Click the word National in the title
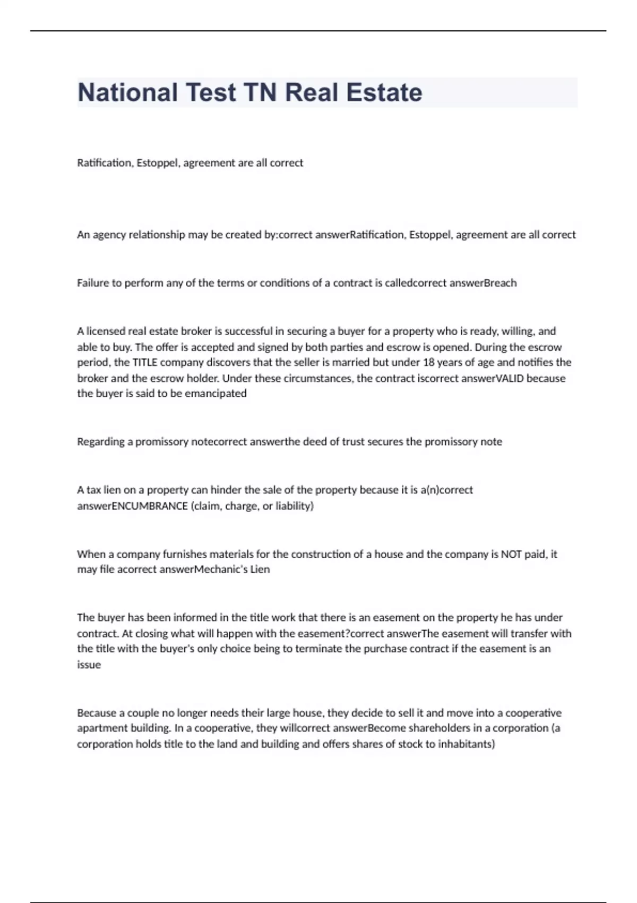(x=127, y=92)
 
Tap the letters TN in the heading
(x=260, y=92)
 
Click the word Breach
(x=500, y=283)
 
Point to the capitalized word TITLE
(x=144, y=363)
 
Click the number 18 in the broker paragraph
(x=428, y=363)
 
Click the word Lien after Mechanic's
(x=260, y=569)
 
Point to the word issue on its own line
(x=89, y=665)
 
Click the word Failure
(x=92, y=283)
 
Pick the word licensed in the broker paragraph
(x=106, y=331)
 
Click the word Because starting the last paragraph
(x=97, y=713)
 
